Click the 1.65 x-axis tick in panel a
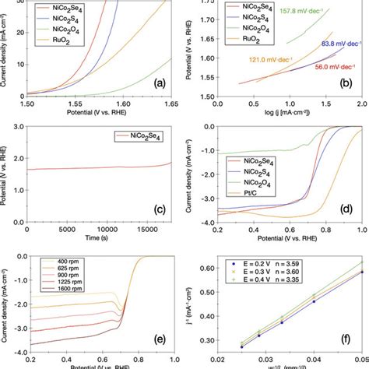click(168, 103)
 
